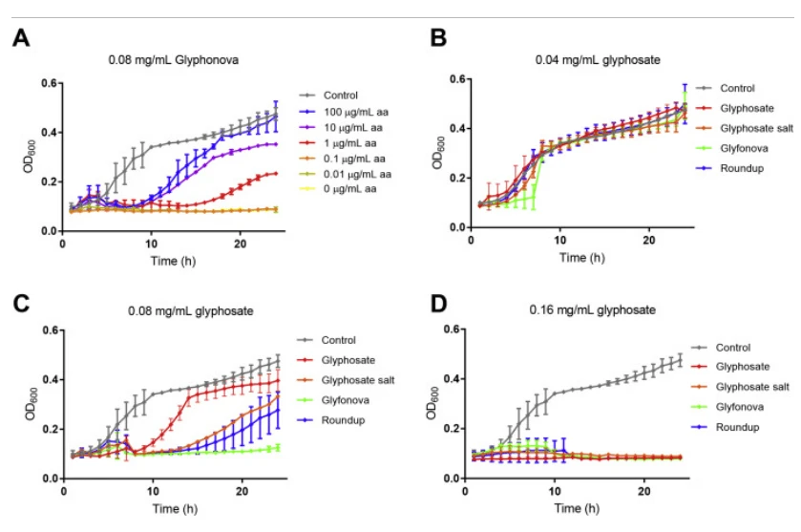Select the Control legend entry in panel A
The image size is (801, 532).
[341, 96]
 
